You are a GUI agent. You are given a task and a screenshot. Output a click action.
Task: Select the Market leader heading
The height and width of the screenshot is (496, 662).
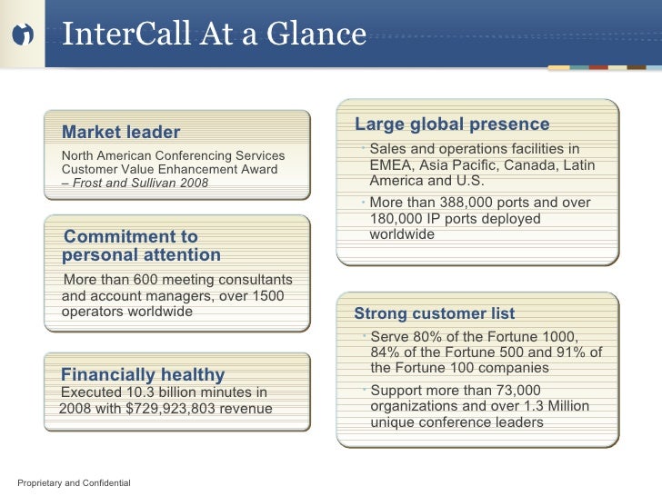click(x=120, y=133)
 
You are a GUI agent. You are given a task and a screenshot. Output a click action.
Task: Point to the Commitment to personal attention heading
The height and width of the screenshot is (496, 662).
click(x=141, y=246)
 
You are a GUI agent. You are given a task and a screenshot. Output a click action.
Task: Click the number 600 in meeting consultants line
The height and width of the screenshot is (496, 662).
click(x=146, y=279)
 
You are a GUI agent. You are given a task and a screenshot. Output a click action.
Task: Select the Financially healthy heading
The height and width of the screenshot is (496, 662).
click(x=142, y=375)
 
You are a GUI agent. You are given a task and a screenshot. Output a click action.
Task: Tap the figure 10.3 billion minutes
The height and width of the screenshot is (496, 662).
click(x=173, y=392)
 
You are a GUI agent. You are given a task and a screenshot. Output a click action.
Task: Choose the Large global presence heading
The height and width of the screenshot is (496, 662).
click(x=452, y=124)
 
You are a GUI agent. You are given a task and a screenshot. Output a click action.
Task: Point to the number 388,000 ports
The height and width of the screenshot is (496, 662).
click(x=474, y=203)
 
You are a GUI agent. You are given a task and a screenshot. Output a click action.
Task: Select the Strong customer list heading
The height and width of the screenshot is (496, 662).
click(x=434, y=314)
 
